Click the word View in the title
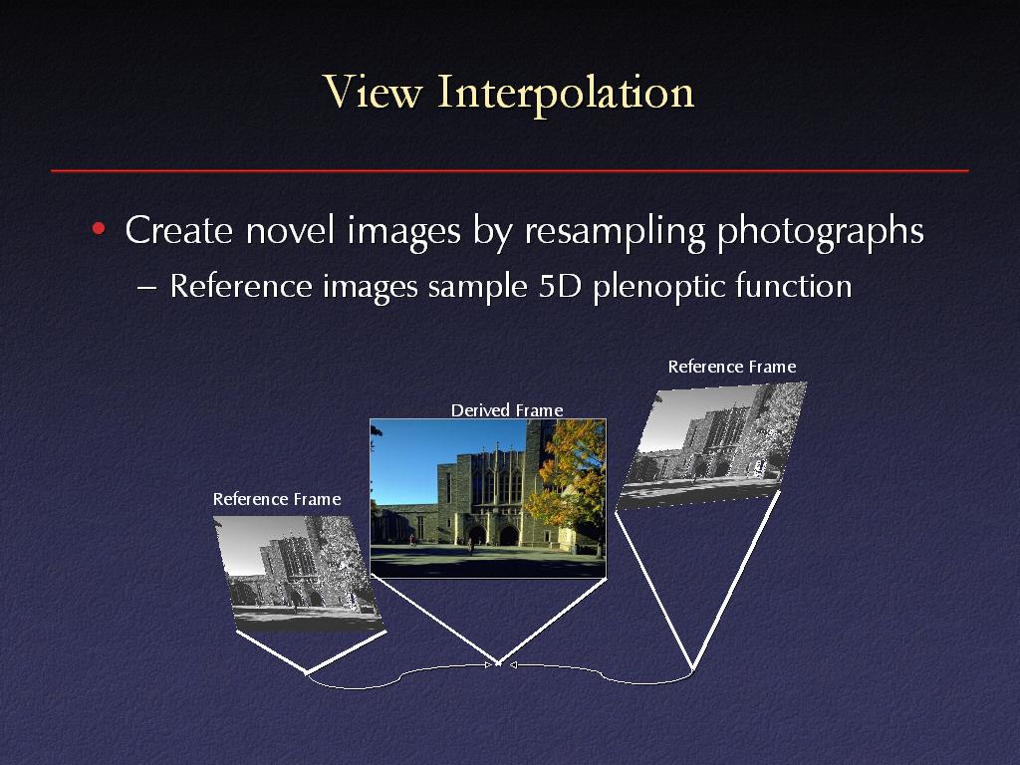(x=373, y=91)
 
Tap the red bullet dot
(x=99, y=228)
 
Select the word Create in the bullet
(x=179, y=230)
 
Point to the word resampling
(x=615, y=232)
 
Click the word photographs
(x=821, y=232)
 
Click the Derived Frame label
(x=507, y=410)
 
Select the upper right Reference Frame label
(x=732, y=367)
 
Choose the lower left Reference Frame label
(x=277, y=499)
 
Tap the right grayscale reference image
(x=711, y=445)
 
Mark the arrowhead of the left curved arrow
(x=489, y=664)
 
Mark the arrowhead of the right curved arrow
(x=513, y=664)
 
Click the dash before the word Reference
(x=147, y=288)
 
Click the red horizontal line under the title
(x=510, y=170)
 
